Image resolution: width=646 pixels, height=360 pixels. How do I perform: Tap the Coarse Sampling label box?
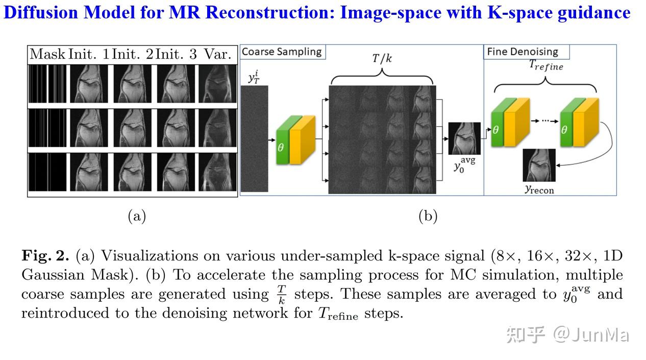pyautogui.click(x=282, y=52)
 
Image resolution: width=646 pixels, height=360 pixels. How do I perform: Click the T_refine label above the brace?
pyautogui.click(x=545, y=65)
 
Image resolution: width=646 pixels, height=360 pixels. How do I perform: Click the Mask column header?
pyautogui.click(x=47, y=54)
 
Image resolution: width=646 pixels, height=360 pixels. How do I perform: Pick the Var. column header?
pyautogui.click(x=217, y=54)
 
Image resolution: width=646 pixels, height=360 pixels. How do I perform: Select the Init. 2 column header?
pyautogui.click(x=133, y=54)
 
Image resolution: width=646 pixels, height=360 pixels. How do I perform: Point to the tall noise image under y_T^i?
pyautogui.click(x=254, y=138)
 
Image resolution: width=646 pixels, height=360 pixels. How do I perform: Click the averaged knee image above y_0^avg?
pyautogui.click(x=464, y=138)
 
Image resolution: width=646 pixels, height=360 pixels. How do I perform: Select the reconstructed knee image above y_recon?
pyautogui.click(x=538, y=165)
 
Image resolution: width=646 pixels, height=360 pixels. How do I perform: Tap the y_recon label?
pyautogui.click(x=539, y=189)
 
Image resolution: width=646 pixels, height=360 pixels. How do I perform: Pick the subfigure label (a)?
pyautogui.click(x=136, y=216)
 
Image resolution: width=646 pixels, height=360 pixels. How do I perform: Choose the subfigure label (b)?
pyautogui.click(x=428, y=216)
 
